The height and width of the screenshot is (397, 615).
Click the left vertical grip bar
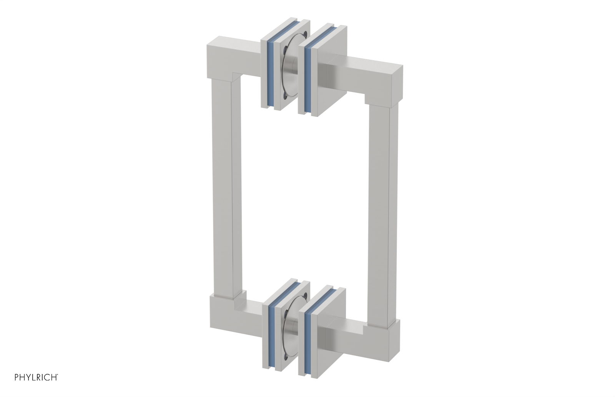pos(226,188)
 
